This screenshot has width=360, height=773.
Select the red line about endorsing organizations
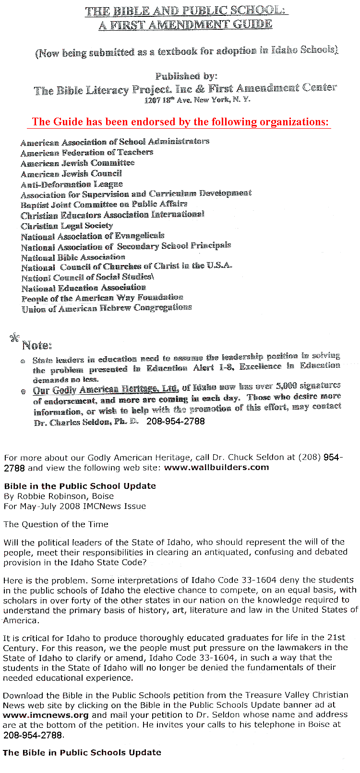point(180,122)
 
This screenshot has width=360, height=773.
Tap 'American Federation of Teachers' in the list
point(87,153)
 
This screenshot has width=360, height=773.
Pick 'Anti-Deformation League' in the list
point(72,184)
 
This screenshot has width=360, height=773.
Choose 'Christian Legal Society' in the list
point(67,226)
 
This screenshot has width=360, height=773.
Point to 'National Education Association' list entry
point(84,288)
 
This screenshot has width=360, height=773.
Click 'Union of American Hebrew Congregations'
point(107,308)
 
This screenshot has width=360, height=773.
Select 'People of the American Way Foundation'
point(102,298)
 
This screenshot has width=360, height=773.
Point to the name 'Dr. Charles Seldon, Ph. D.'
point(86,423)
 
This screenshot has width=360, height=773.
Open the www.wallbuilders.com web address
point(216,467)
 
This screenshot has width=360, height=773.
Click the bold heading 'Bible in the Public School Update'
point(80,486)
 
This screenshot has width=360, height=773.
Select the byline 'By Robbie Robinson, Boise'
point(59,496)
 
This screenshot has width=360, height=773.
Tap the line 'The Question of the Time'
point(56,524)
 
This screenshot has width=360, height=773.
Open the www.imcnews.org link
point(46,715)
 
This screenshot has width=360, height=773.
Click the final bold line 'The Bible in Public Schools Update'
point(82,752)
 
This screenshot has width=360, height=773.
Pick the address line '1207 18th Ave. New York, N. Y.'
point(197,100)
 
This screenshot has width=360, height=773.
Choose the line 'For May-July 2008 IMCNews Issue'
point(74,506)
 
